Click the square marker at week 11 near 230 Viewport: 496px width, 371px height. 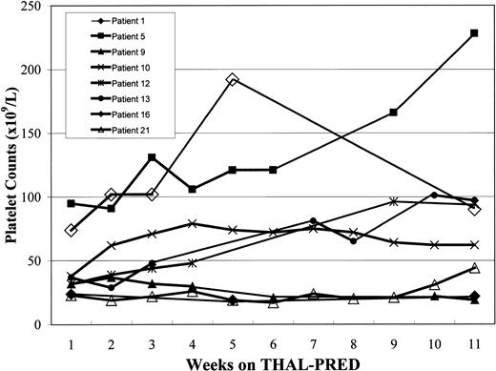[474, 33]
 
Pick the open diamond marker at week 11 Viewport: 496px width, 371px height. [474, 209]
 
